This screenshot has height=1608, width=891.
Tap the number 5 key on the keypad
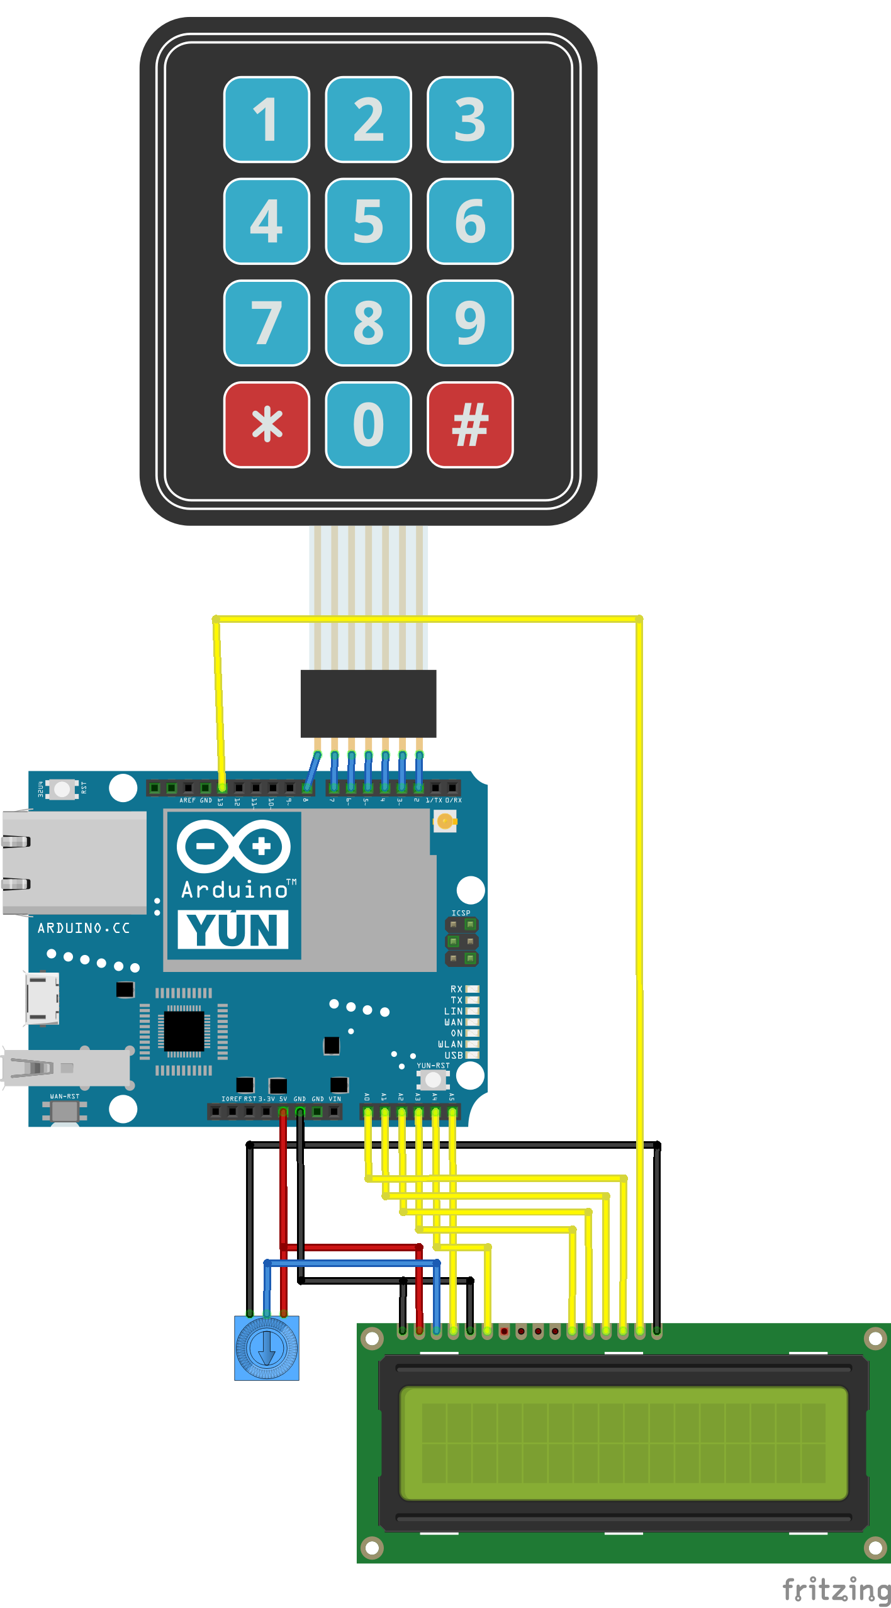(368, 221)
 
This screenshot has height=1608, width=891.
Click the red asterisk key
(267, 425)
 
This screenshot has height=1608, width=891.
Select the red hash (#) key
(470, 425)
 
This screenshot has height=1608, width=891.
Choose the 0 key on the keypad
(368, 425)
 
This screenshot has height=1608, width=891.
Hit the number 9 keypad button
(470, 323)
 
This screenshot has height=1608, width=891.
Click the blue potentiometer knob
(266, 1348)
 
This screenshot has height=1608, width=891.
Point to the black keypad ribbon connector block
(368, 703)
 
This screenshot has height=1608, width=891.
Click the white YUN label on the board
(233, 929)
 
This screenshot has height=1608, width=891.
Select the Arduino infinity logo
(233, 846)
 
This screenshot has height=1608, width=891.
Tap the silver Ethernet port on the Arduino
(74, 862)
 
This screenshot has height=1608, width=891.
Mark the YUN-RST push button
(433, 1080)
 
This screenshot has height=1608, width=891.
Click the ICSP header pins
(461, 942)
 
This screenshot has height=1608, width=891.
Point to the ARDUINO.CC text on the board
(83, 928)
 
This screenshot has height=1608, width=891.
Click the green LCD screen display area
(623, 1443)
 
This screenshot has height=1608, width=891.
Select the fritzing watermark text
(836, 1590)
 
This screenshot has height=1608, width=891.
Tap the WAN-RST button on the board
(64, 1111)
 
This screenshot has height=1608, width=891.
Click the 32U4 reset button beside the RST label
(62, 789)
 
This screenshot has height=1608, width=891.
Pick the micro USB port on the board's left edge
(42, 998)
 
